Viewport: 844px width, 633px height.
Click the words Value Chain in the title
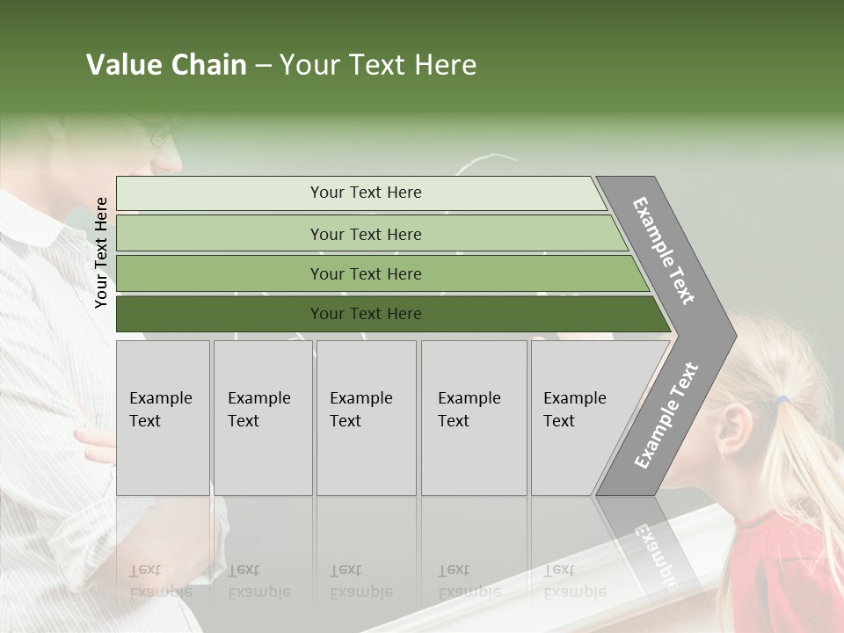[x=166, y=65]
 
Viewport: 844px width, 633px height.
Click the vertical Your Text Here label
[x=102, y=252]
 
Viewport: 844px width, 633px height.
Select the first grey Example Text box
[x=163, y=418]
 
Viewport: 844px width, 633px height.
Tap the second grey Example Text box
[x=263, y=418]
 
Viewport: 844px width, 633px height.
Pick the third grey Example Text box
[x=366, y=418]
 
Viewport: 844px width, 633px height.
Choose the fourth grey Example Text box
[x=474, y=418]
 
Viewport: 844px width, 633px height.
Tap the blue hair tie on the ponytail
[x=781, y=401]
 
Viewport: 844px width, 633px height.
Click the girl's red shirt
[x=778, y=571]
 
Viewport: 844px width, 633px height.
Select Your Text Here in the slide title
[x=378, y=65]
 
